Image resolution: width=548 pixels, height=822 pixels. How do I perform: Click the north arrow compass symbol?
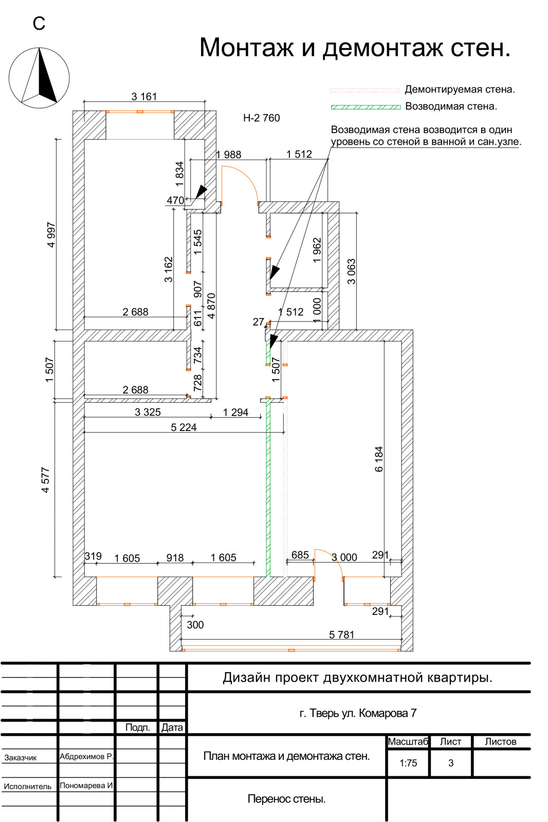tap(39, 78)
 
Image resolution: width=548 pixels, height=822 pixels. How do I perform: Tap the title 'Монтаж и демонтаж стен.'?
tap(355, 48)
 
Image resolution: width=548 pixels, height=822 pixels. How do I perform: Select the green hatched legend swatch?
tap(366, 107)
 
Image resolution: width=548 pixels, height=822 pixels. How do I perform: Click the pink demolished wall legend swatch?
tap(364, 90)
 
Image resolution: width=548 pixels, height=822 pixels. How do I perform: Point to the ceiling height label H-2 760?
tap(262, 118)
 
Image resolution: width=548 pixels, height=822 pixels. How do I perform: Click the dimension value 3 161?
tap(144, 97)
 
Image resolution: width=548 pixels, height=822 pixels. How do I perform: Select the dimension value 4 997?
tap(51, 235)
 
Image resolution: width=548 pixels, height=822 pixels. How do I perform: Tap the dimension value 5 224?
tap(184, 427)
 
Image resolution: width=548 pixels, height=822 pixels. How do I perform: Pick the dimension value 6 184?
tap(379, 459)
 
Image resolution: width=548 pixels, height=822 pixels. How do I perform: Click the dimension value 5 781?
tap(341, 634)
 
